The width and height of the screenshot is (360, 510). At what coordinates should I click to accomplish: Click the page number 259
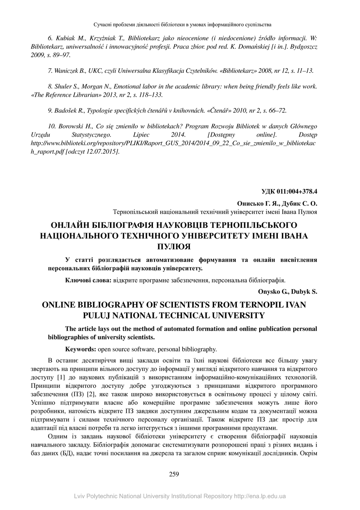pyautogui.click(x=174, y=474)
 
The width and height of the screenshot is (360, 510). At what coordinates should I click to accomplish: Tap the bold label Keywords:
pyautogui.click(x=81, y=349)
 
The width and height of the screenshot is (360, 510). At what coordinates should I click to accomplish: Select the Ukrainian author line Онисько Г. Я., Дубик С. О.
pyautogui.click(x=277, y=203)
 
